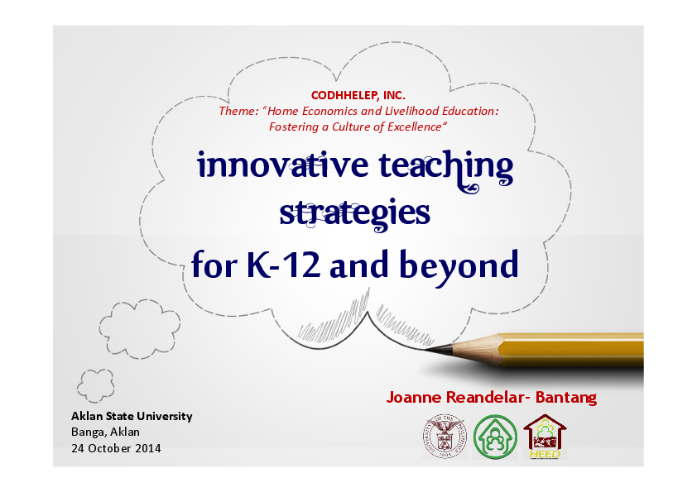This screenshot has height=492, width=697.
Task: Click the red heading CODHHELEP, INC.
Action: (x=358, y=96)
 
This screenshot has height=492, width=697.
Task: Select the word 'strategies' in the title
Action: (x=354, y=213)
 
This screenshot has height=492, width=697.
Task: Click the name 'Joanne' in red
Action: (x=416, y=398)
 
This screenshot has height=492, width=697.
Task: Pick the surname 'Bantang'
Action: (x=566, y=398)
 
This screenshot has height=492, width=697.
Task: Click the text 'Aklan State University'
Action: (x=132, y=416)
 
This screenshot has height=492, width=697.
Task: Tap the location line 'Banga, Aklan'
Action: (x=105, y=432)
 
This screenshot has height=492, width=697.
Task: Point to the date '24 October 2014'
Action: (x=116, y=448)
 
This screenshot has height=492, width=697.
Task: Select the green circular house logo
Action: (x=495, y=436)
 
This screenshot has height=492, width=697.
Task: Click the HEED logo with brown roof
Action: (x=544, y=436)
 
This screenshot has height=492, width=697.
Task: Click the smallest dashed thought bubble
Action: (x=95, y=385)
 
